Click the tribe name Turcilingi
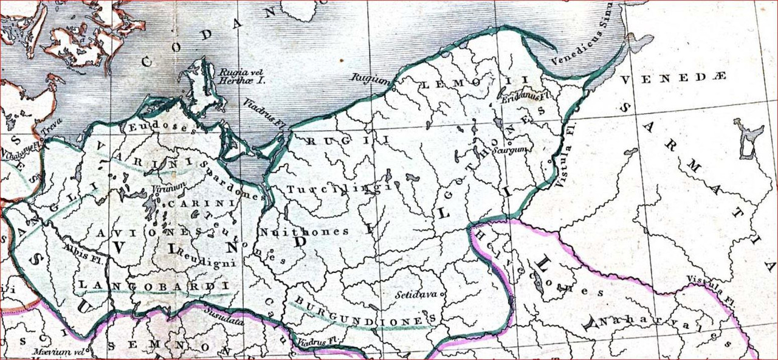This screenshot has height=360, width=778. [336, 189]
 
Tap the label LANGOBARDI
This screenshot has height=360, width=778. [153, 285]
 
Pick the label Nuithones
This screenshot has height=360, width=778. [304, 232]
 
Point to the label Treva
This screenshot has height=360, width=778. [52, 128]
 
